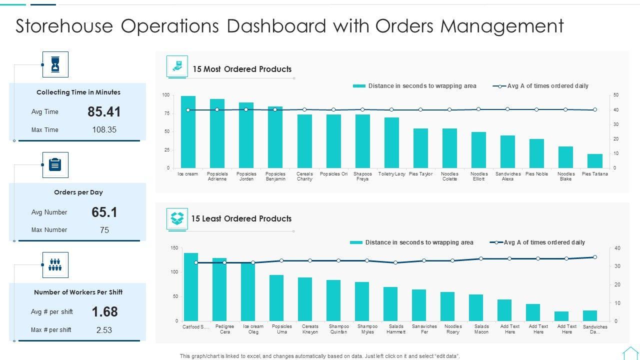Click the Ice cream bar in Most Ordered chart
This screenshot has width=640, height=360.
[x=188, y=132]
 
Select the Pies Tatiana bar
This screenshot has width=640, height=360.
[x=594, y=161]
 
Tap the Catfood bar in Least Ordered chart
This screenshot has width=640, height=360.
[x=191, y=287]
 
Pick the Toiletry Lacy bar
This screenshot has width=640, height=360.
[x=391, y=143]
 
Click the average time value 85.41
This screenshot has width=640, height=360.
[x=104, y=112]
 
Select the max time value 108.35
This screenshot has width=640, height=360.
[x=104, y=130]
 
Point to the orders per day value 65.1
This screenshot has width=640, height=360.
[x=104, y=212]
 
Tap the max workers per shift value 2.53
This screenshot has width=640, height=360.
[x=104, y=330]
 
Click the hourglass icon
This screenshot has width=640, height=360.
[x=55, y=64]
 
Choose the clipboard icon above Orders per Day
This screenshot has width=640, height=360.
[x=55, y=165]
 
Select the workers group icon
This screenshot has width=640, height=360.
[x=55, y=265]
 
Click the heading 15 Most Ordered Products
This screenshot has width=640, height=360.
[x=242, y=69]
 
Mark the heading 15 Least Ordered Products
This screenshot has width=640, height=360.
[x=241, y=218]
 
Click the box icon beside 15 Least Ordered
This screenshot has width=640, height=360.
[x=177, y=218]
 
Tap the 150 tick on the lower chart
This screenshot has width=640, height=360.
[x=174, y=248]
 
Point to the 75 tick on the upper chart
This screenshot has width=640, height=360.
[x=166, y=113]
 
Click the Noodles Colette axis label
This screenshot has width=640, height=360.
[x=449, y=176]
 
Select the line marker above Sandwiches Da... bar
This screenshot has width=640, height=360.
[x=594, y=257]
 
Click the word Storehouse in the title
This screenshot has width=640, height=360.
[x=64, y=26]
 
